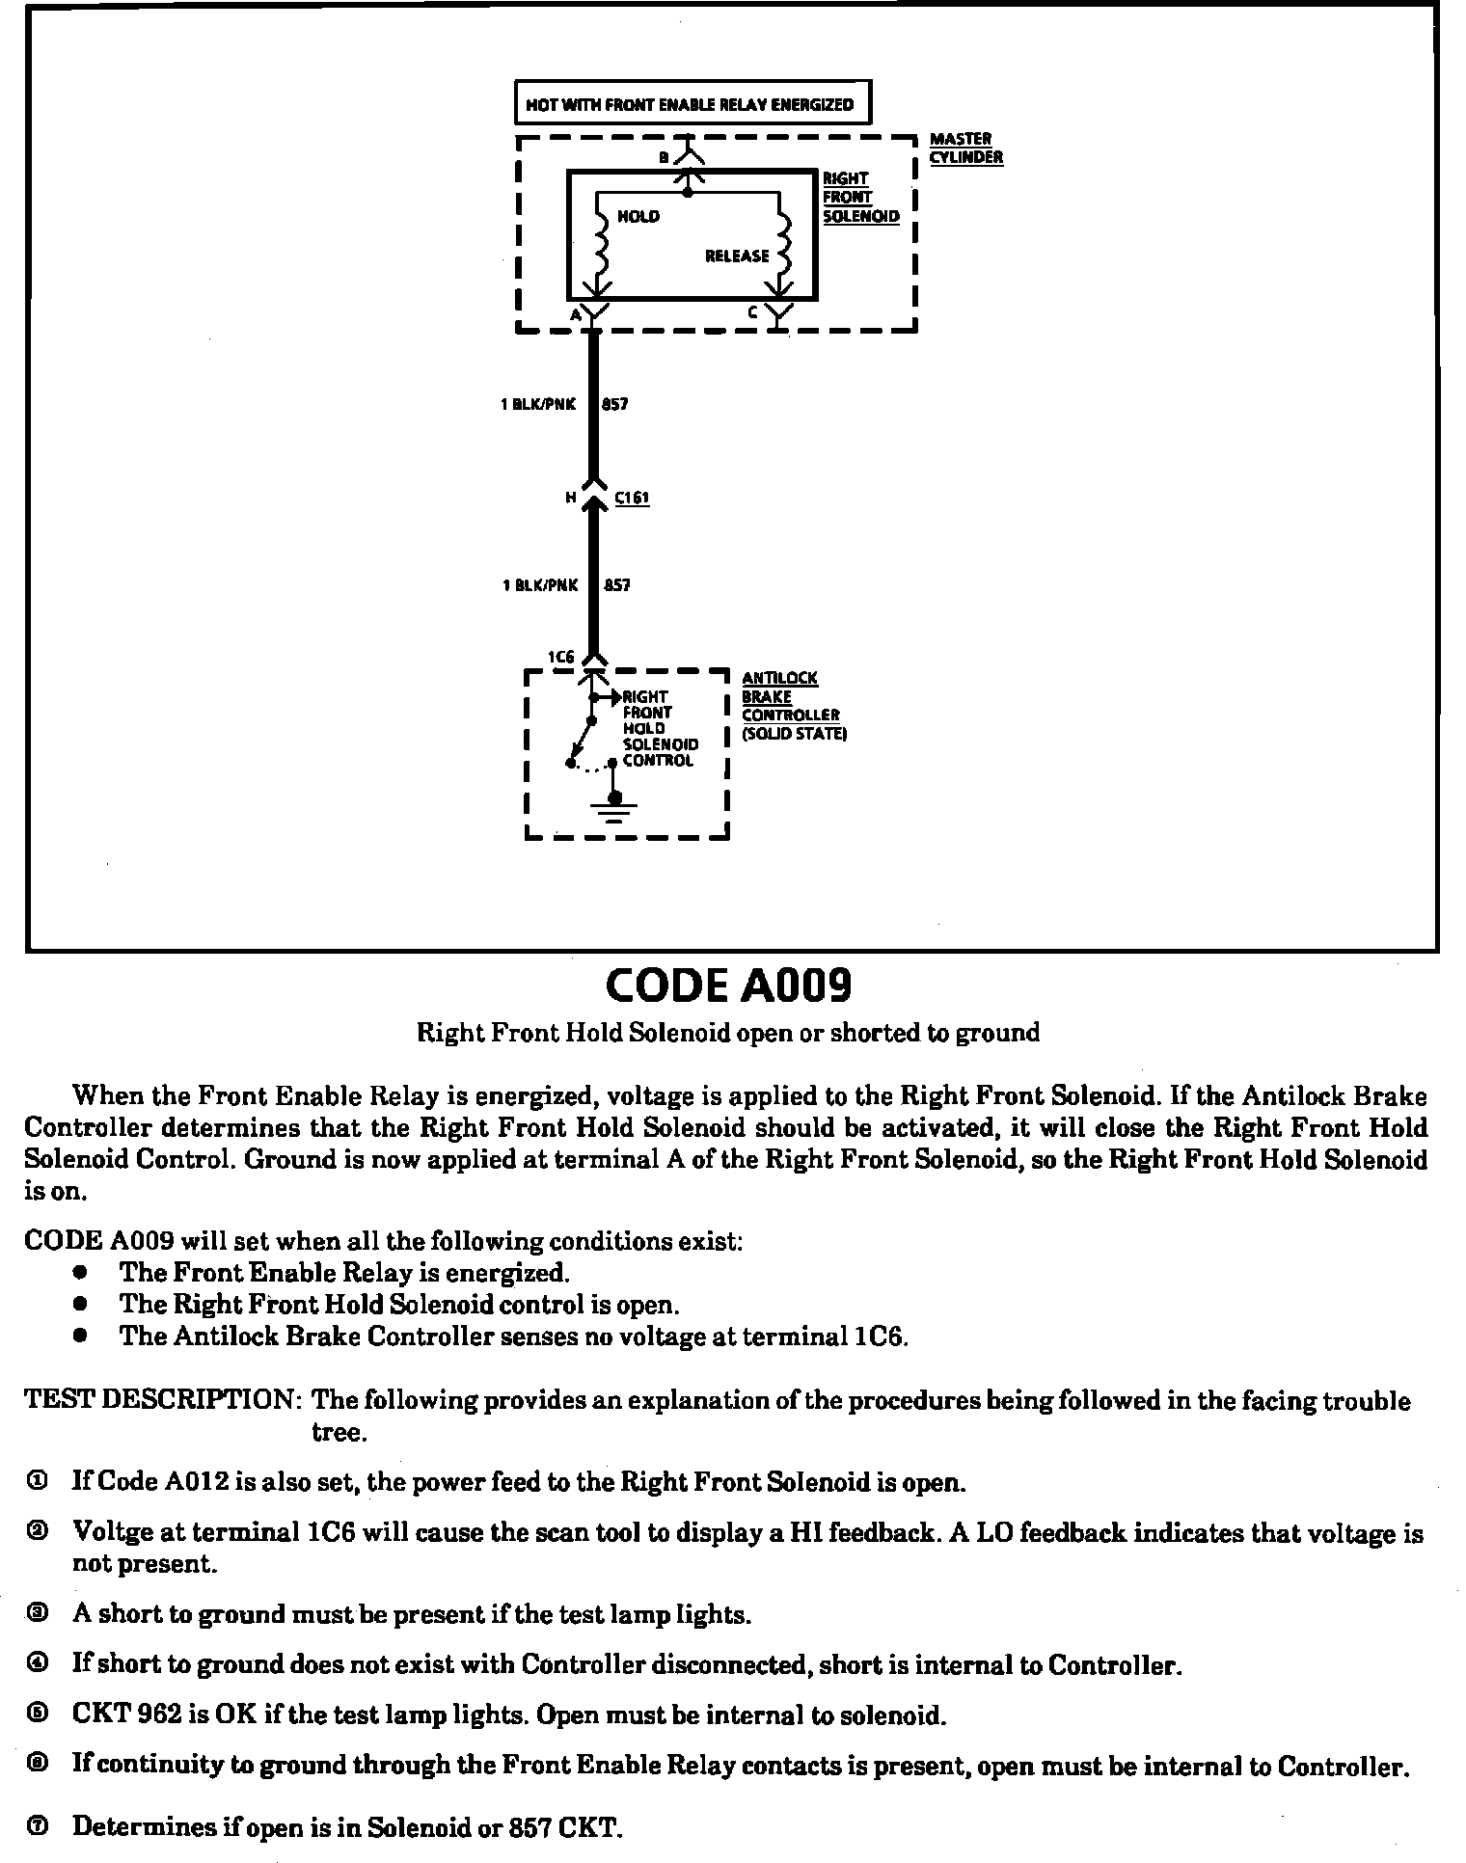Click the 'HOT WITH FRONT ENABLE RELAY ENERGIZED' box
tap(692, 103)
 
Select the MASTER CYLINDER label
tap(965, 148)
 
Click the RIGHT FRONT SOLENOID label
tap(859, 198)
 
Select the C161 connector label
tap(632, 498)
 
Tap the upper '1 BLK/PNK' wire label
tap(538, 404)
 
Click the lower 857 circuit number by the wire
tap(616, 584)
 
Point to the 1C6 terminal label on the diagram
tap(561, 657)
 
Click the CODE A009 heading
tap(729, 985)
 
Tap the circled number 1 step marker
tap(37, 1481)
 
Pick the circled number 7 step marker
tap(37, 1826)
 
